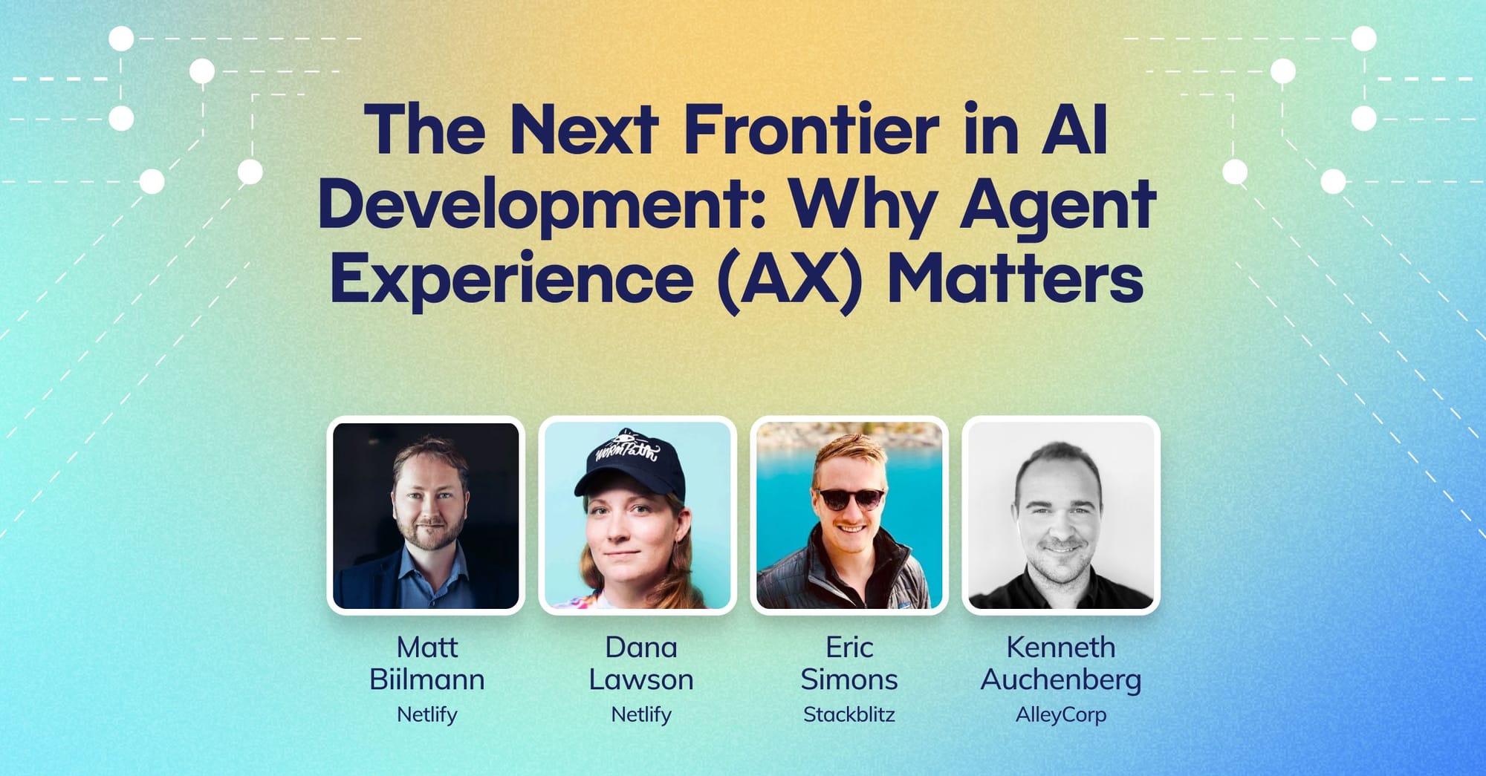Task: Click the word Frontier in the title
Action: coord(811,130)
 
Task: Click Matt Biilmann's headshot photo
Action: coord(426,515)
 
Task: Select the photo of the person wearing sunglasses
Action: coord(849,515)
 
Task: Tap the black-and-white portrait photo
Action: coord(1061,515)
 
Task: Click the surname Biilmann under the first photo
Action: coord(427,679)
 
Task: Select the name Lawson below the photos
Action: coord(641,679)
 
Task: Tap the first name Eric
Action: coord(849,648)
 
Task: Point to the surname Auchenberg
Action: coord(1061,680)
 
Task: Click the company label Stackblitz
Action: coord(849,714)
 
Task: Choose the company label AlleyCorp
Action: coord(1061,715)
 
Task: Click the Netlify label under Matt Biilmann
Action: coord(427,715)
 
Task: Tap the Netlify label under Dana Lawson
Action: coord(641,715)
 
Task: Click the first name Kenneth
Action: coord(1061,648)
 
